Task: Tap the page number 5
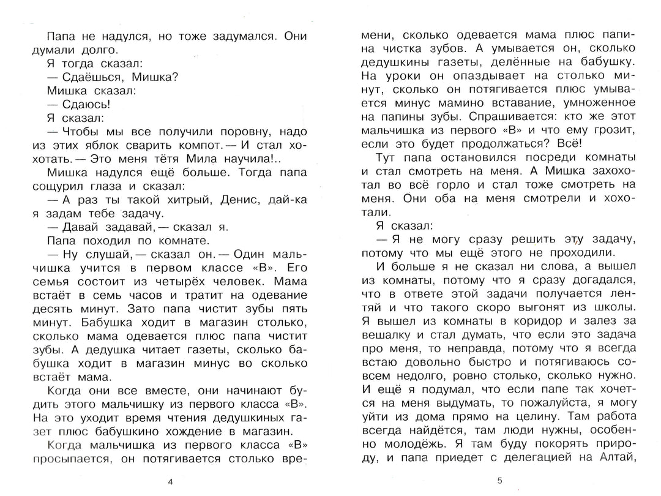(x=500, y=481)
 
